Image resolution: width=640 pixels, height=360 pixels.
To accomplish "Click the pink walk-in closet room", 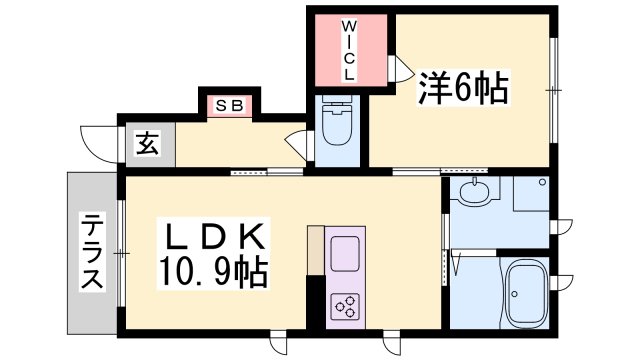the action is (x=349, y=50).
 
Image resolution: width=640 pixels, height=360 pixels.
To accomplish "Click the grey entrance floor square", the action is (x=148, y=145).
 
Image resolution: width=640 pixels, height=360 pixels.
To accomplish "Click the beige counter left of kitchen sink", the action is (x=315, y=250).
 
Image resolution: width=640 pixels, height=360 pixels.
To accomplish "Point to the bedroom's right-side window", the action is (x=552, y=90).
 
